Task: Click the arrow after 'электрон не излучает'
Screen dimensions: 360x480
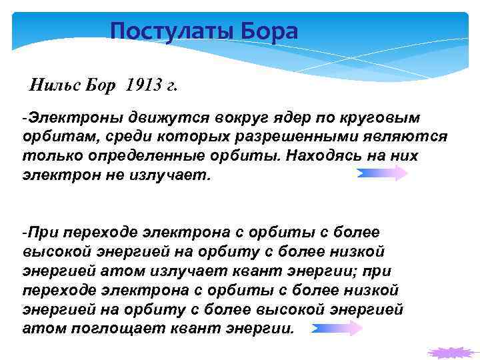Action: tap(382, 174)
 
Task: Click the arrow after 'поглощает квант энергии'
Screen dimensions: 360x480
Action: tap(336, 328)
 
